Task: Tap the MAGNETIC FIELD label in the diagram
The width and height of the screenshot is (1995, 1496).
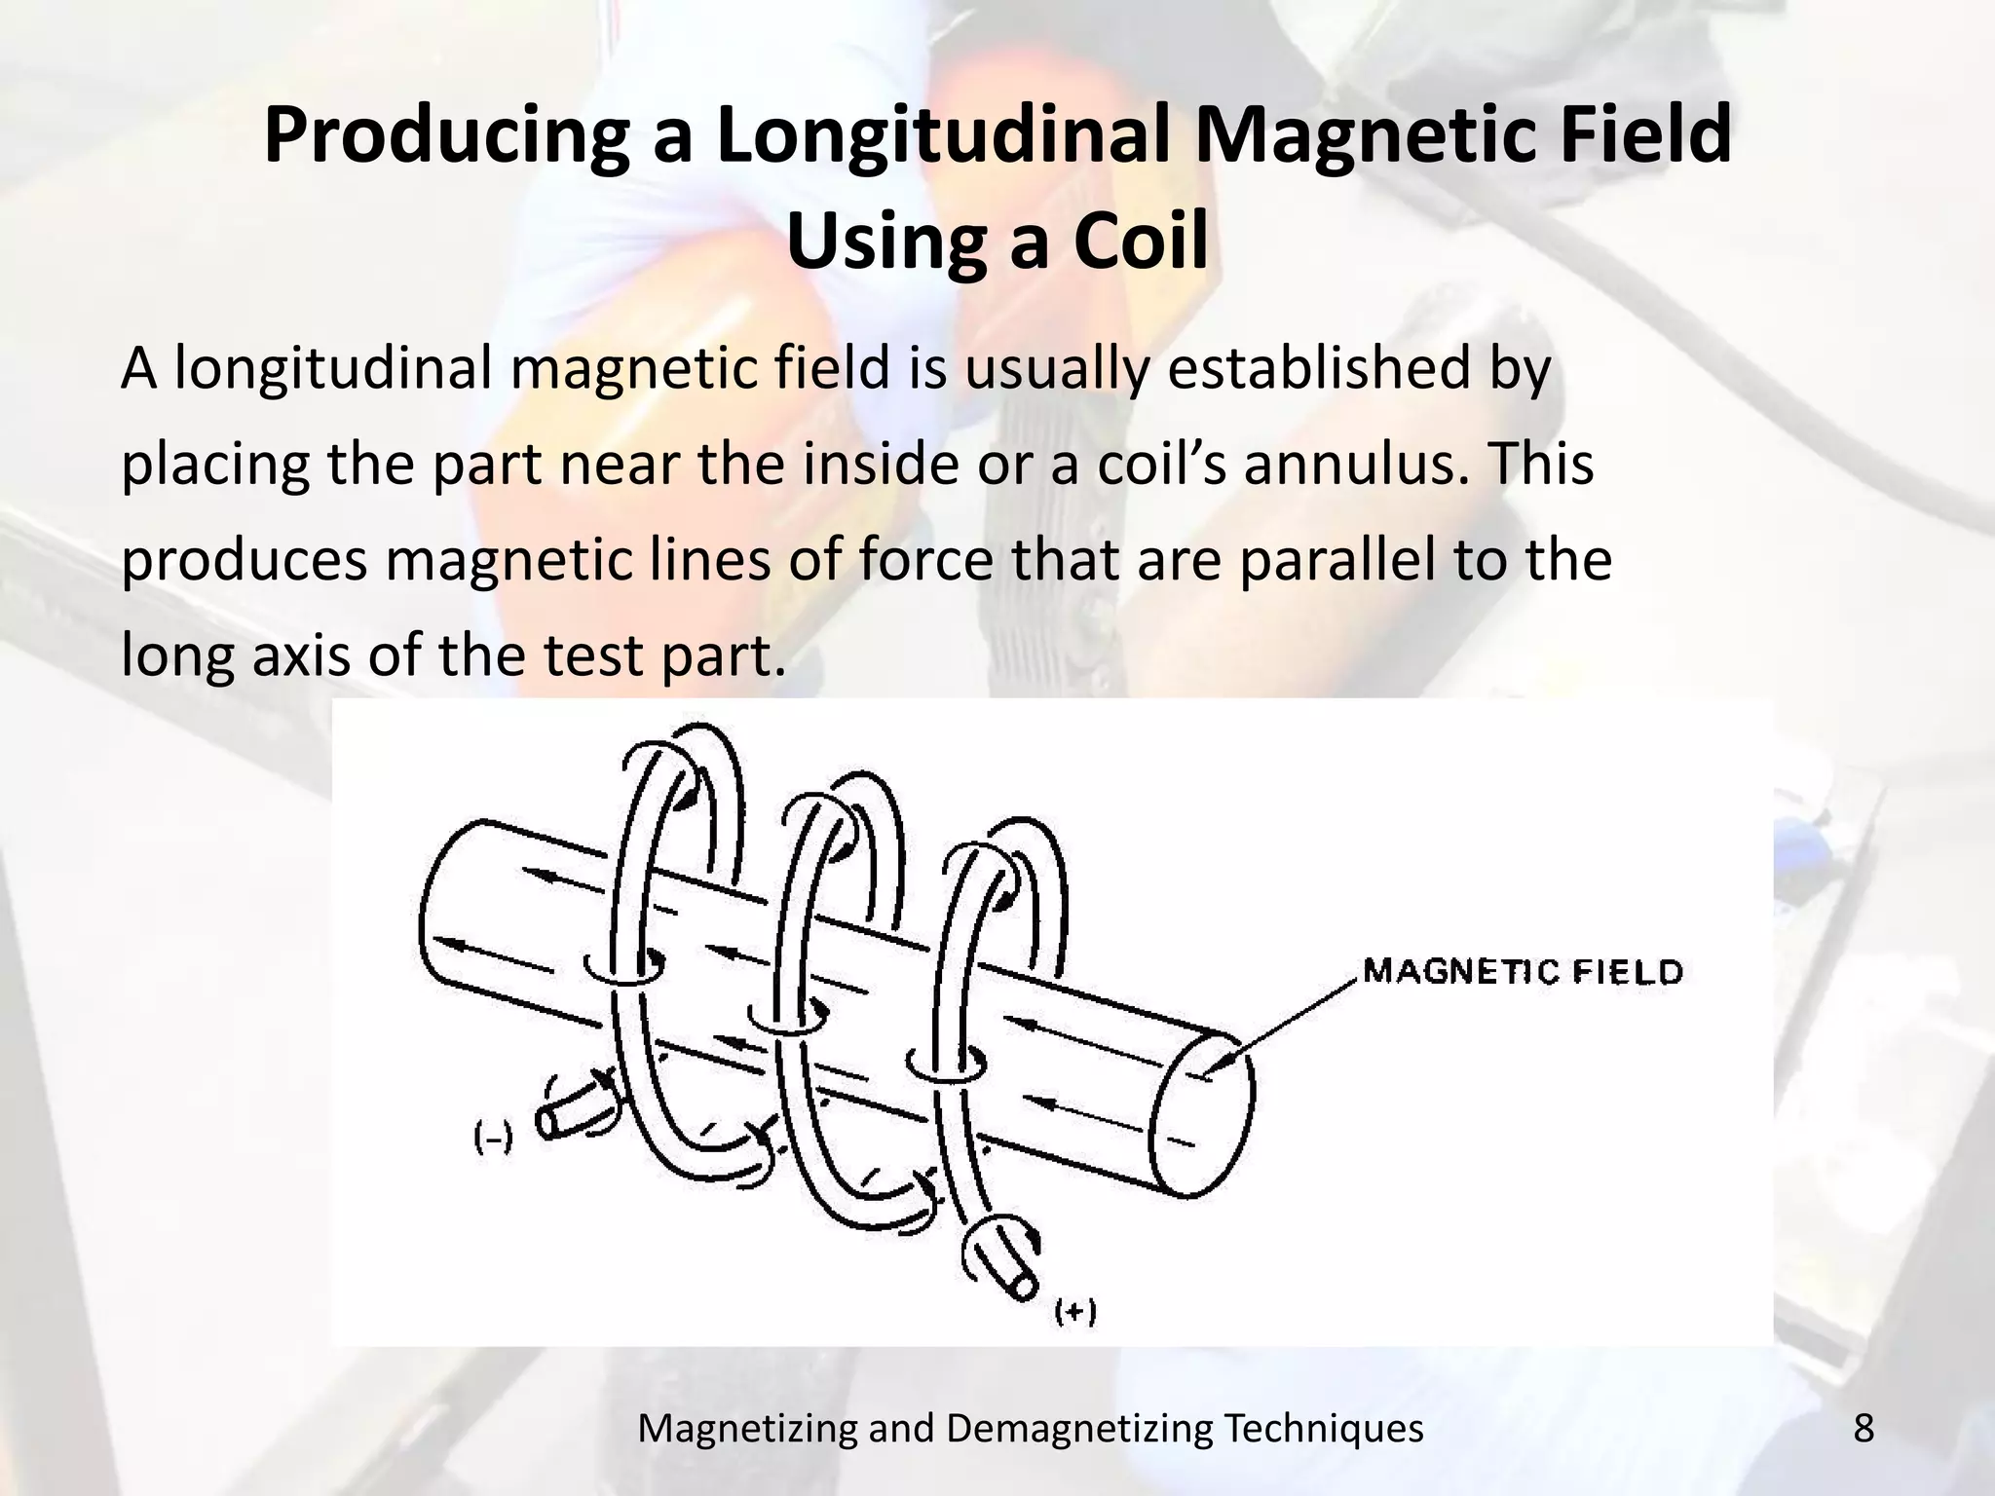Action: (1523, 972)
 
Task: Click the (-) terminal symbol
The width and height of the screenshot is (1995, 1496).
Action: (493, 1138)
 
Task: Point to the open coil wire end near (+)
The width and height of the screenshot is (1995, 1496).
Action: (1024, 1286)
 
